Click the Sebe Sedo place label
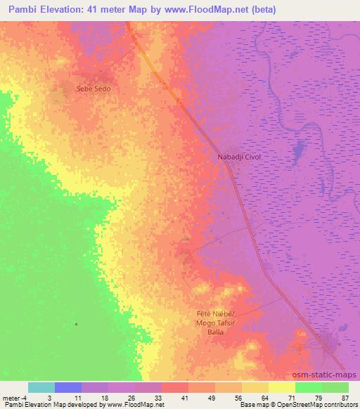point(94,89)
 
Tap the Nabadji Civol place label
point(238,157)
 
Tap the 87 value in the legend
point(344,397)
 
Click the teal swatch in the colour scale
point(41,387)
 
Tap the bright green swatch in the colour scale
point(309,387)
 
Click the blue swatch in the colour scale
point(68,387)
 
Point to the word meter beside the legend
point(11,397)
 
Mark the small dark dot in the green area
point(76,324)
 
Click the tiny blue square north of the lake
point(264,84)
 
